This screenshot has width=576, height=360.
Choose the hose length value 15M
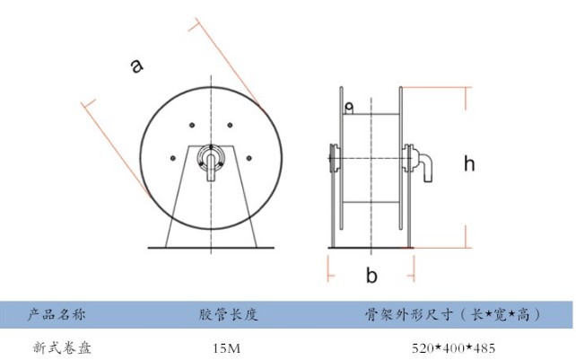[x=227, y=347]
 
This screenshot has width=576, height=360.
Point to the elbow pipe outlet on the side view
[x=426, y=166]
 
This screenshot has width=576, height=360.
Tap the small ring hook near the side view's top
[x=349, y=109]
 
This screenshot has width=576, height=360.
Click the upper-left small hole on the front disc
[x=192, y=124]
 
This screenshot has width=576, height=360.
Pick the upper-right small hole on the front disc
[x=230, y=124]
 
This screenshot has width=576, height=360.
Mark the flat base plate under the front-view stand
[x=210, y=248]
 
